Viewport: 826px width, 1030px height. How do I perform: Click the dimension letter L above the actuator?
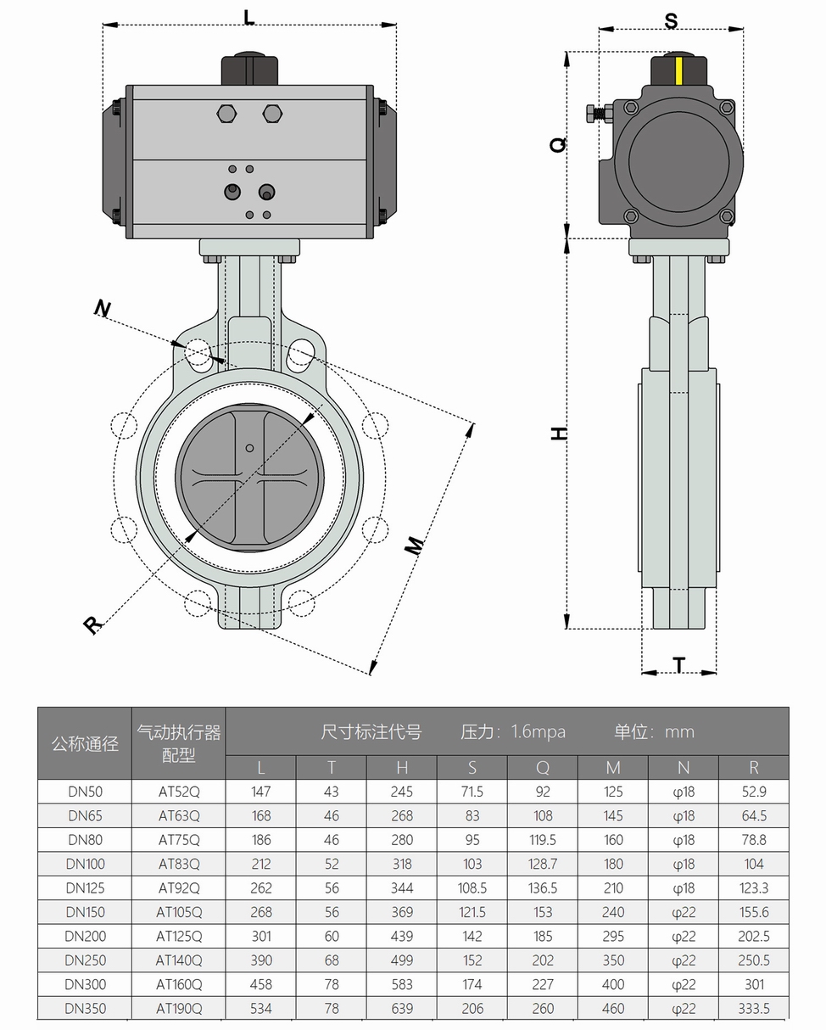[x=248, y=17]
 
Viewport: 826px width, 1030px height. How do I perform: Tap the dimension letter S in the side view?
[x=671, y=20]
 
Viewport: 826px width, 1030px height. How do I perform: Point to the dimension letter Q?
[x=558, y=145]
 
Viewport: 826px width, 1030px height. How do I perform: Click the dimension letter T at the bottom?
[x=679, y=664]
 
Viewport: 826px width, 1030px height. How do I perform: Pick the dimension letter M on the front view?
[x=413, y=546]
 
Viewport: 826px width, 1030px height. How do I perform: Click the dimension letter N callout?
[x=102, y=308]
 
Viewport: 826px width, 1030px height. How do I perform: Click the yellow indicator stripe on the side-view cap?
[x=678, y=71]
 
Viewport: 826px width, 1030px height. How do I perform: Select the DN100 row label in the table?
[x=85, y=864]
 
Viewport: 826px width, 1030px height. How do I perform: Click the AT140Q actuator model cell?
[x=179, y=960]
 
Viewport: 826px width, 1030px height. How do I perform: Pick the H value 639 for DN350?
[x=402, y=1009]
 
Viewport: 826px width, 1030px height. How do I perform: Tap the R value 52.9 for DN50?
[x=753, y=792]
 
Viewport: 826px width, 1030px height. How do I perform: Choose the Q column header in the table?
[x=543, y=768]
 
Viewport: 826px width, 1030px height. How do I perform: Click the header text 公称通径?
[x=85, y=744]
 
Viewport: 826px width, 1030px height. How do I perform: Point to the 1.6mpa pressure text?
[x=538, y=731]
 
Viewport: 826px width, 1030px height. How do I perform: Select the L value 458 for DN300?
[x=261, y=984]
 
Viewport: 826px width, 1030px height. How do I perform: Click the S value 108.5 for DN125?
[x=472, y=888]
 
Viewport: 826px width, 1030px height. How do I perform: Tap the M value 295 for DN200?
[x=613, y=937]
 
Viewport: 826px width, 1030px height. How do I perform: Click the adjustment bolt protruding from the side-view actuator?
[x=599, y=113]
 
